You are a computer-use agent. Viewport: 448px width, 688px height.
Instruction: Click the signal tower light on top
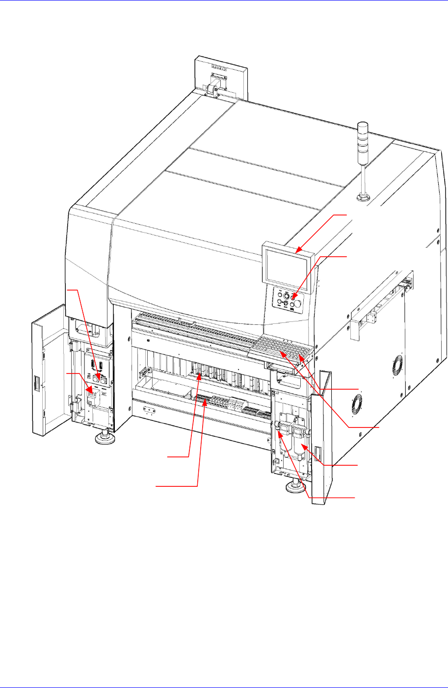click(x=364, y=132)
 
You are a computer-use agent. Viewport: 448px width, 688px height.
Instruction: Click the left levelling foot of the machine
click(x=104, y=436)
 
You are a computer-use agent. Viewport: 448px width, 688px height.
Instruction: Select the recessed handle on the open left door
click(x=36, y=383)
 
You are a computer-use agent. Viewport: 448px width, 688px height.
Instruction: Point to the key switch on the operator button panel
click(x=286, y=296)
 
